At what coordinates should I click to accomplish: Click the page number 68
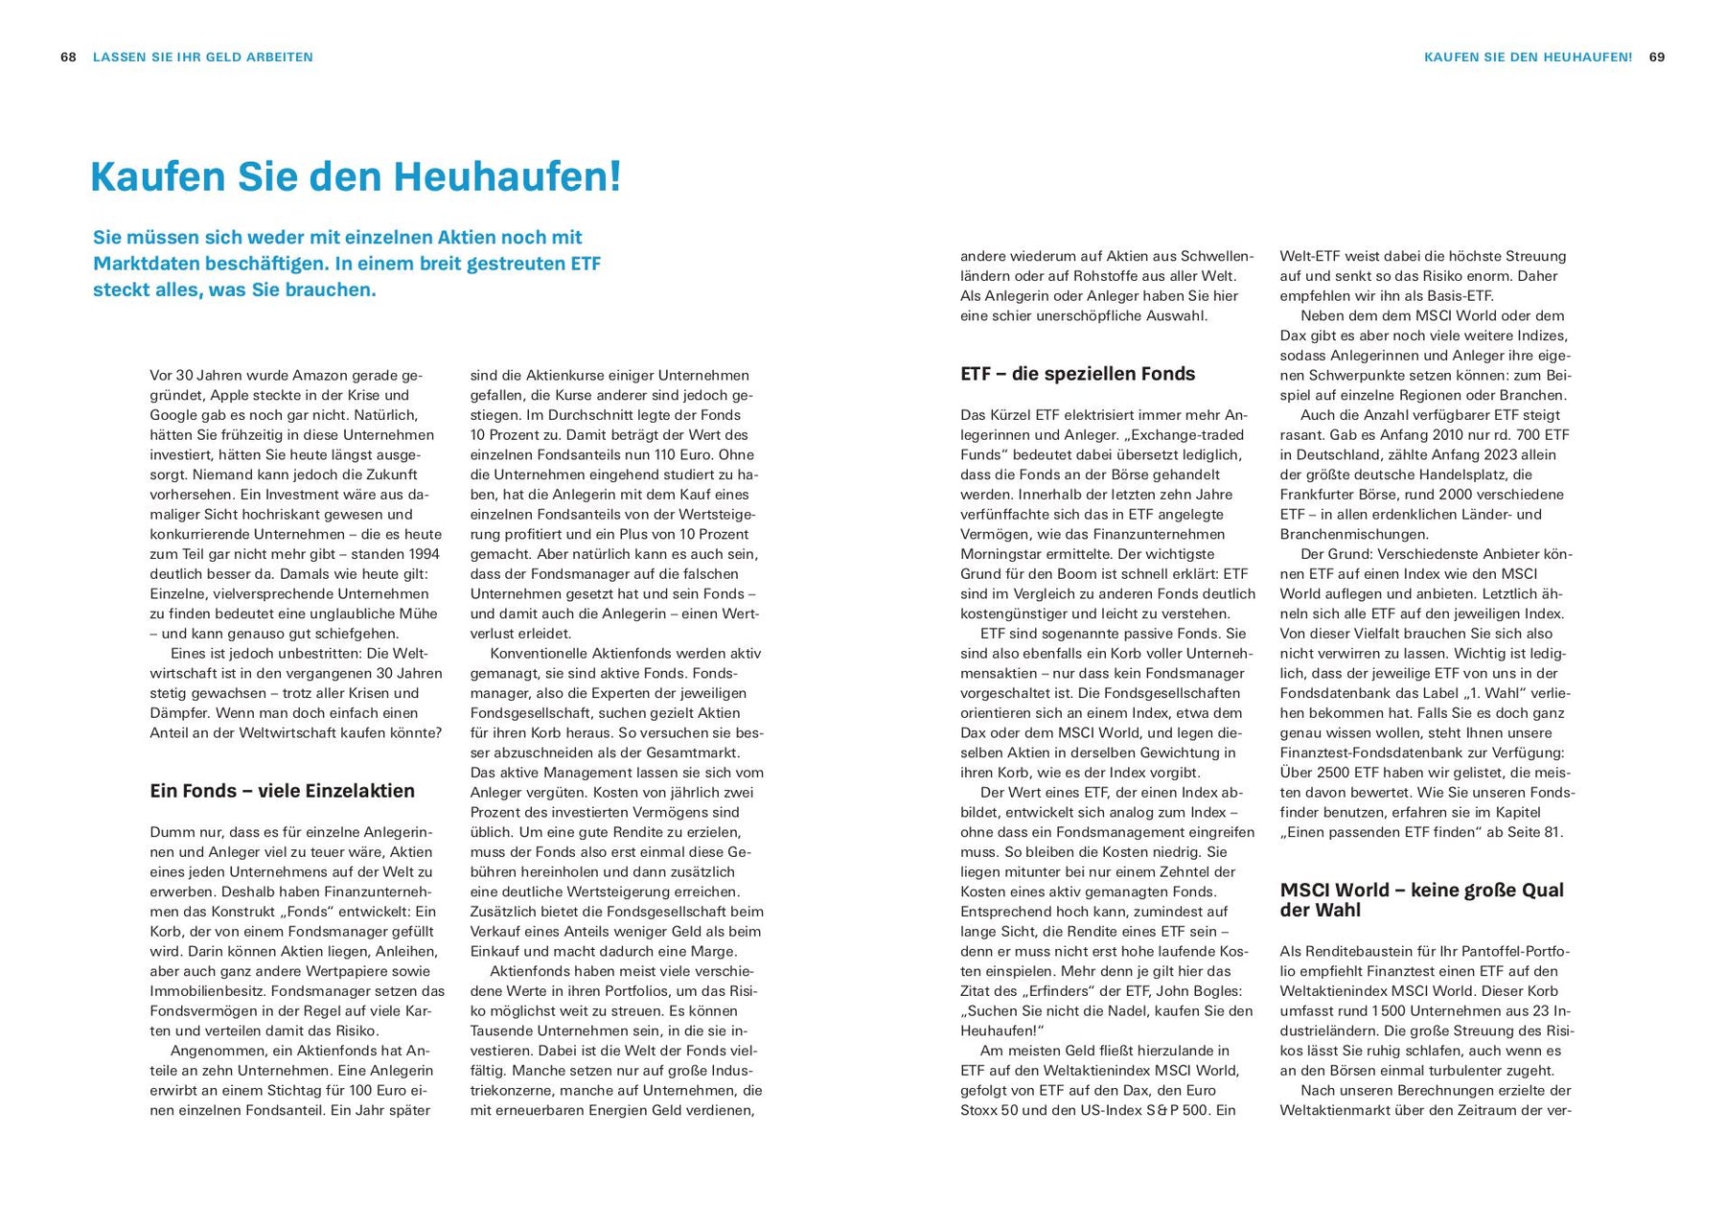68,58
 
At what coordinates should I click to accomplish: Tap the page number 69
1657,58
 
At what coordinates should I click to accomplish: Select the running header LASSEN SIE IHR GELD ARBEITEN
203,58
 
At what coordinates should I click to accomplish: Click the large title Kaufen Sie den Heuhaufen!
356,177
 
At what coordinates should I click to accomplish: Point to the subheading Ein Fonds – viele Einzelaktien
282,791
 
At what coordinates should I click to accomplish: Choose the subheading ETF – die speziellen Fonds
1077,374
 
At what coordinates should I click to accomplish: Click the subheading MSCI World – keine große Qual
1421,890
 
